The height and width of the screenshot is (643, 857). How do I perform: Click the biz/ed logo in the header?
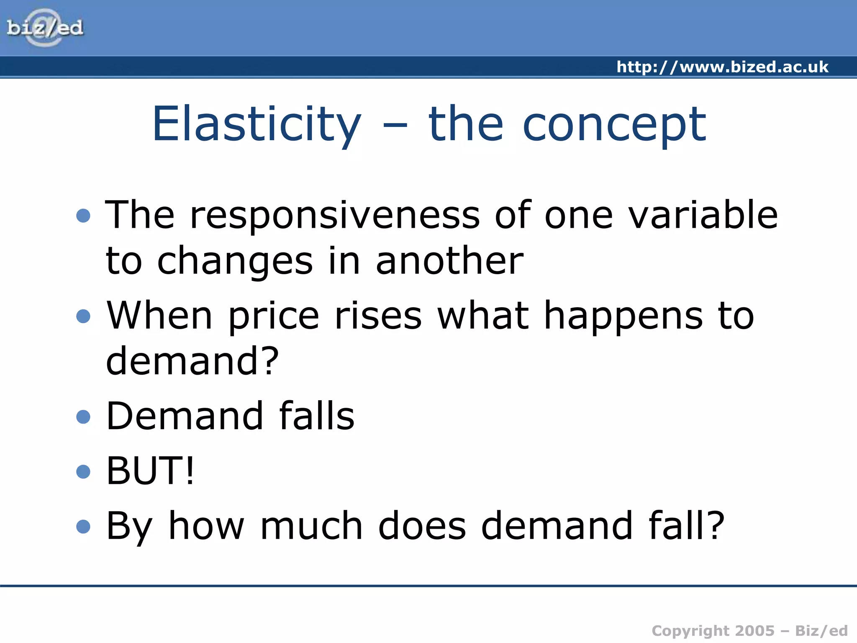point(45,28)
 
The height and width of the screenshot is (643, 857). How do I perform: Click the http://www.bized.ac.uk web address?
point(722,67)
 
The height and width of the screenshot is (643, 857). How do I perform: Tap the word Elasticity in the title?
point(257,124)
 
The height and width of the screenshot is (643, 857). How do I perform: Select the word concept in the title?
point(615,124)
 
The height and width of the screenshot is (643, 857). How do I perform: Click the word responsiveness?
point(335,215)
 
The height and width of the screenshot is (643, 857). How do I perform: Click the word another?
point(449,261)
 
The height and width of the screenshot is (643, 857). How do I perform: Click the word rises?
point(378,316)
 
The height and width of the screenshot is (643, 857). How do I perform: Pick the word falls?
point(317,416)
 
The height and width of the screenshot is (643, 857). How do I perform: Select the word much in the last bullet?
point(311,526)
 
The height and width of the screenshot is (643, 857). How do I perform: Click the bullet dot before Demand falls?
point(84,417)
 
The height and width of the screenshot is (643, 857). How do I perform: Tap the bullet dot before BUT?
point(84,471)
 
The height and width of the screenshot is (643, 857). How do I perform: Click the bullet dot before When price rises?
point(84,316)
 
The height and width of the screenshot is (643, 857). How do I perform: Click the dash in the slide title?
point(395,125)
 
